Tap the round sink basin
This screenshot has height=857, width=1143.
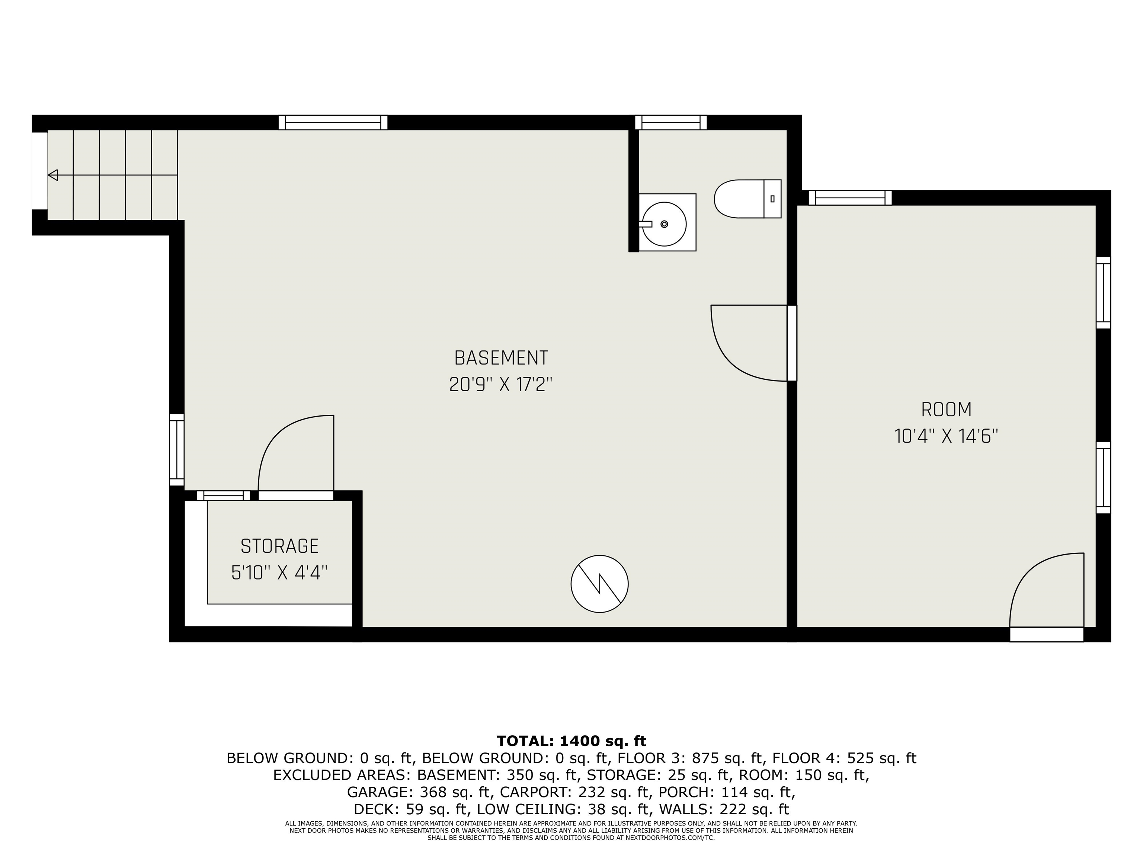664,224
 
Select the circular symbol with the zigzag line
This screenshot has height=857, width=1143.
599,584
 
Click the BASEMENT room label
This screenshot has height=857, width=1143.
501,357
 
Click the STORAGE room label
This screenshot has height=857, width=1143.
279,546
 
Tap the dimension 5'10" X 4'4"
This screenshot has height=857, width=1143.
279,572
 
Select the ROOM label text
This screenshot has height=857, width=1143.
946,410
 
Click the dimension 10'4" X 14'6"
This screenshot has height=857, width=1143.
946,437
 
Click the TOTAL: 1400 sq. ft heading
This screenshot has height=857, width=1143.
571,741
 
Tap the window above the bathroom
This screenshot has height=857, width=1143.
671,122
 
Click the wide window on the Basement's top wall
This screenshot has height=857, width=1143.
333,122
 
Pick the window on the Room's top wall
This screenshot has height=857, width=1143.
850,198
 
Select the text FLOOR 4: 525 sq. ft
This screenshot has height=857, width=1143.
844,758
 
